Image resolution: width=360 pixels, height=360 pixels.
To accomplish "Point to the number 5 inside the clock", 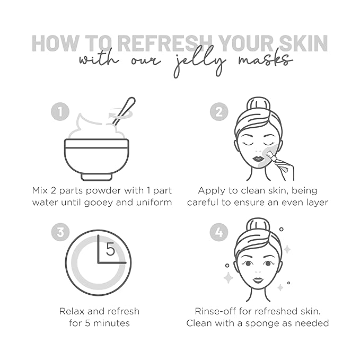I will [x=110, y=249].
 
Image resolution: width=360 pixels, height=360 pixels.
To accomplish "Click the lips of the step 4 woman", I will [x=258, y=280].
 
